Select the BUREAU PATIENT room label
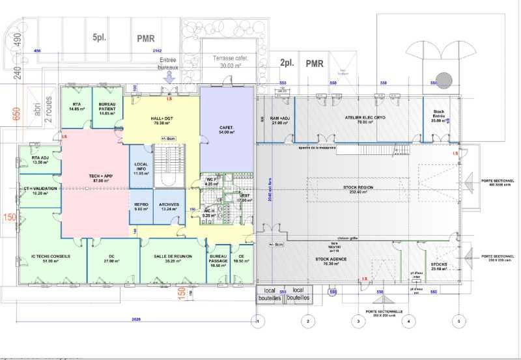coord(107,107)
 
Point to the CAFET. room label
coord(225,129)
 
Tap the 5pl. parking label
coord(99,38)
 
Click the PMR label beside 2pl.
coord(315,64)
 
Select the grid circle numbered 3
coord(358,321)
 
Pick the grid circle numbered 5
coord(460,321)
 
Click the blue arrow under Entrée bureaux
coord(169,76)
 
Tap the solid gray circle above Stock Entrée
coord(444,80)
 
